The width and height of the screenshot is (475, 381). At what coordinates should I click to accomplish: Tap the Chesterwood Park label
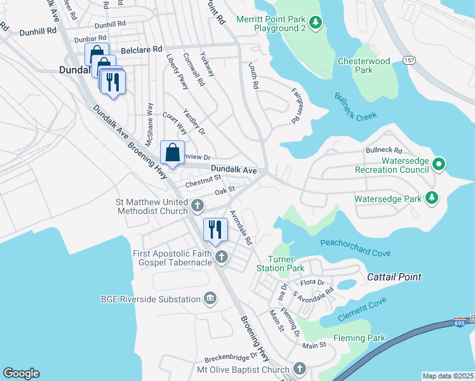pos(373,65)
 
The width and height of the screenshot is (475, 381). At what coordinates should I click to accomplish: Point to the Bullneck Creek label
pos(356,105)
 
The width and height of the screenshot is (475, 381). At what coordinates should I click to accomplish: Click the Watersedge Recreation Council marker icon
pos(438,166)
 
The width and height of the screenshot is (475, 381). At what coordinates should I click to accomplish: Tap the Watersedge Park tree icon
pos(432,199)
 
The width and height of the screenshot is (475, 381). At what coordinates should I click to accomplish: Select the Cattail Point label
pos(394,277)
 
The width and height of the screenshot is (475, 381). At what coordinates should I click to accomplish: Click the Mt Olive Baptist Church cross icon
pos(300,368)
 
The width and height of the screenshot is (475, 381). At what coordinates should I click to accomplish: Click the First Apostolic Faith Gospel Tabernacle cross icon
pos(221,257)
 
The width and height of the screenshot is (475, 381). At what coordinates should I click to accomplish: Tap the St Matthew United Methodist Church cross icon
pos(198,206)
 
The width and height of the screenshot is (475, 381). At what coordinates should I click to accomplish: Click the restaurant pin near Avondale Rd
pos(215,229)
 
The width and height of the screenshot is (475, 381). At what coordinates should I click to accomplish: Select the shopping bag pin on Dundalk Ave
pos(172,152)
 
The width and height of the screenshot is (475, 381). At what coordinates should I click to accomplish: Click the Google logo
pos(22,373)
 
